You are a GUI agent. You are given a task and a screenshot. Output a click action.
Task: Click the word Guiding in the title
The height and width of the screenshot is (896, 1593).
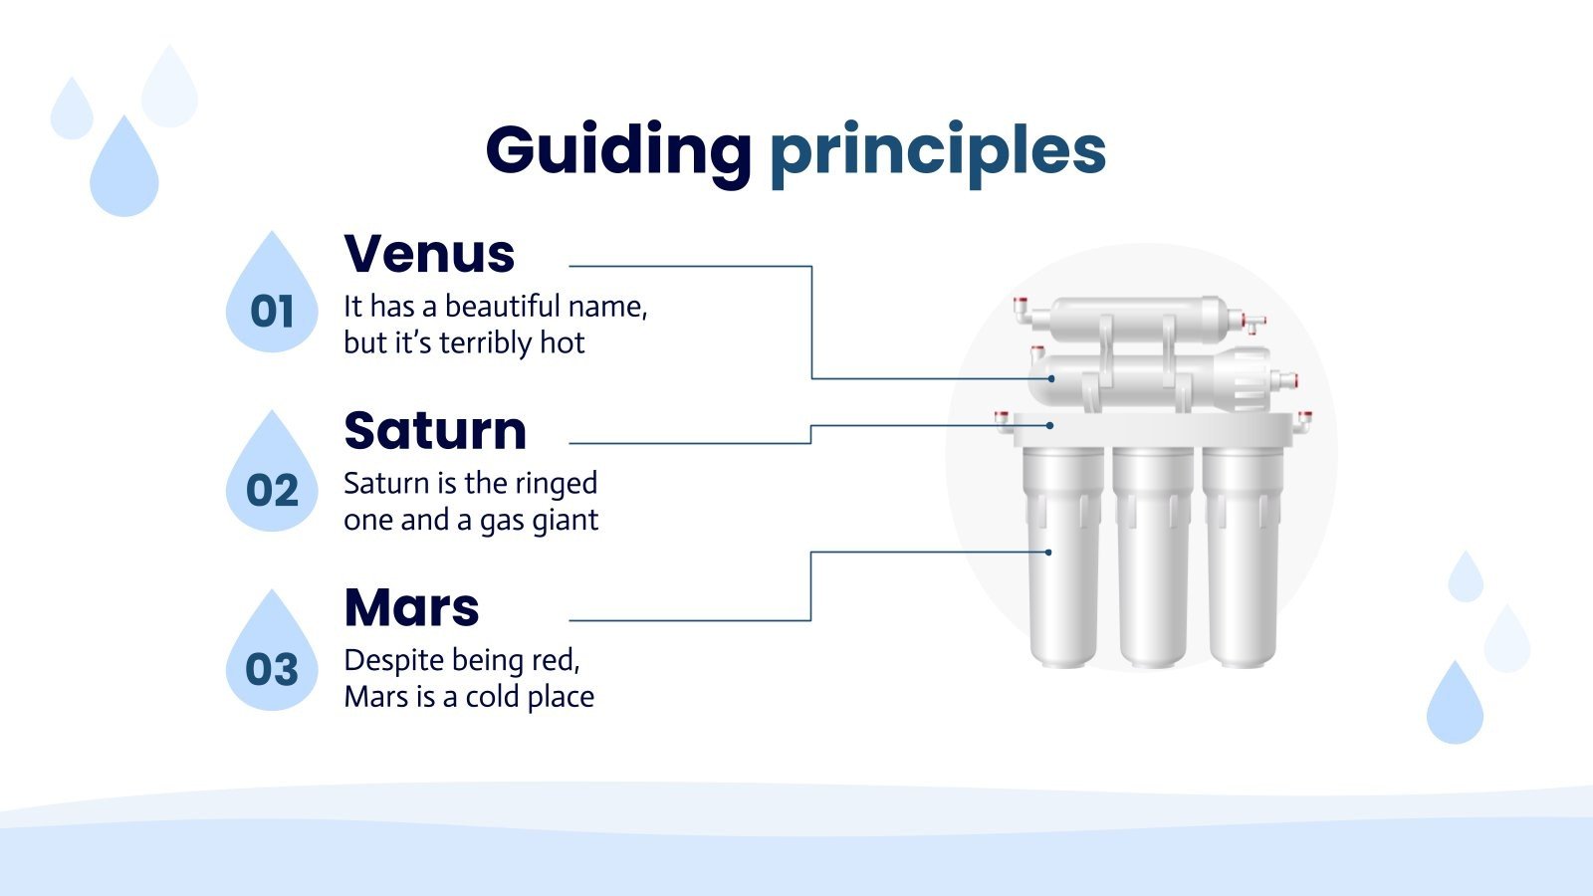tap(617, 151)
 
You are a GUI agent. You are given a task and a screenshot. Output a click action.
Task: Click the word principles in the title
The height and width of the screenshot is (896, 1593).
tap(937, 151)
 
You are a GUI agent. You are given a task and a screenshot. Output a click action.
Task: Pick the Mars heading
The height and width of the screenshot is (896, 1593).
tap(411, 607)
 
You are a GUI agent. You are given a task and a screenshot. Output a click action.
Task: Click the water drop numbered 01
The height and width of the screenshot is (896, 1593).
tap(272, 299)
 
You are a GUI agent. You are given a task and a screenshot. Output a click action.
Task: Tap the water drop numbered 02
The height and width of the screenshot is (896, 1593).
tap(272, 478)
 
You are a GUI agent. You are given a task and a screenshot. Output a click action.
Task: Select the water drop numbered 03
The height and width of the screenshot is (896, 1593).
tap(272, 657)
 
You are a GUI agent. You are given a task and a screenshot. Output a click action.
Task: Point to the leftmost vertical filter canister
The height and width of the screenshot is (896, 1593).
tap(1063, 558)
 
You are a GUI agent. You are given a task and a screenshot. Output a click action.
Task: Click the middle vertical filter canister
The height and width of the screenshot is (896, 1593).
tap(1152, 558)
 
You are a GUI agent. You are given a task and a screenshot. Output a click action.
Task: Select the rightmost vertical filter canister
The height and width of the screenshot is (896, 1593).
tap(1242, 558)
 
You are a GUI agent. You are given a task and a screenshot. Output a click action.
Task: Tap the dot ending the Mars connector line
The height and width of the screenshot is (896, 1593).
tap(1048, 552)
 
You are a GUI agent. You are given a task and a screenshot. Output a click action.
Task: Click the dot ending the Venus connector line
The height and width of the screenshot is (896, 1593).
tap(1051, 378)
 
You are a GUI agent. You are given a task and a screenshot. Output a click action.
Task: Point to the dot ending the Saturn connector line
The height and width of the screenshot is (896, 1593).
tap(1050, 425)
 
